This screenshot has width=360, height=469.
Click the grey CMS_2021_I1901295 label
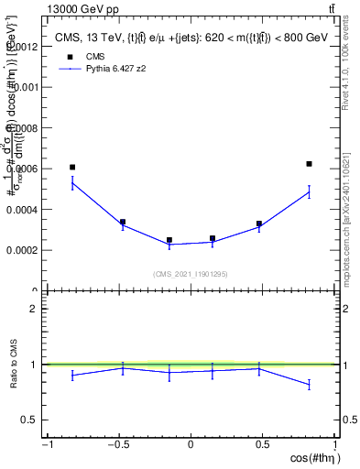click(x=190, y=274)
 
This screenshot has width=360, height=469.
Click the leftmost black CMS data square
click(x=72, y=168)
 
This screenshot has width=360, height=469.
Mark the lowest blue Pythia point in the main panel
click(x=169, y=245)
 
